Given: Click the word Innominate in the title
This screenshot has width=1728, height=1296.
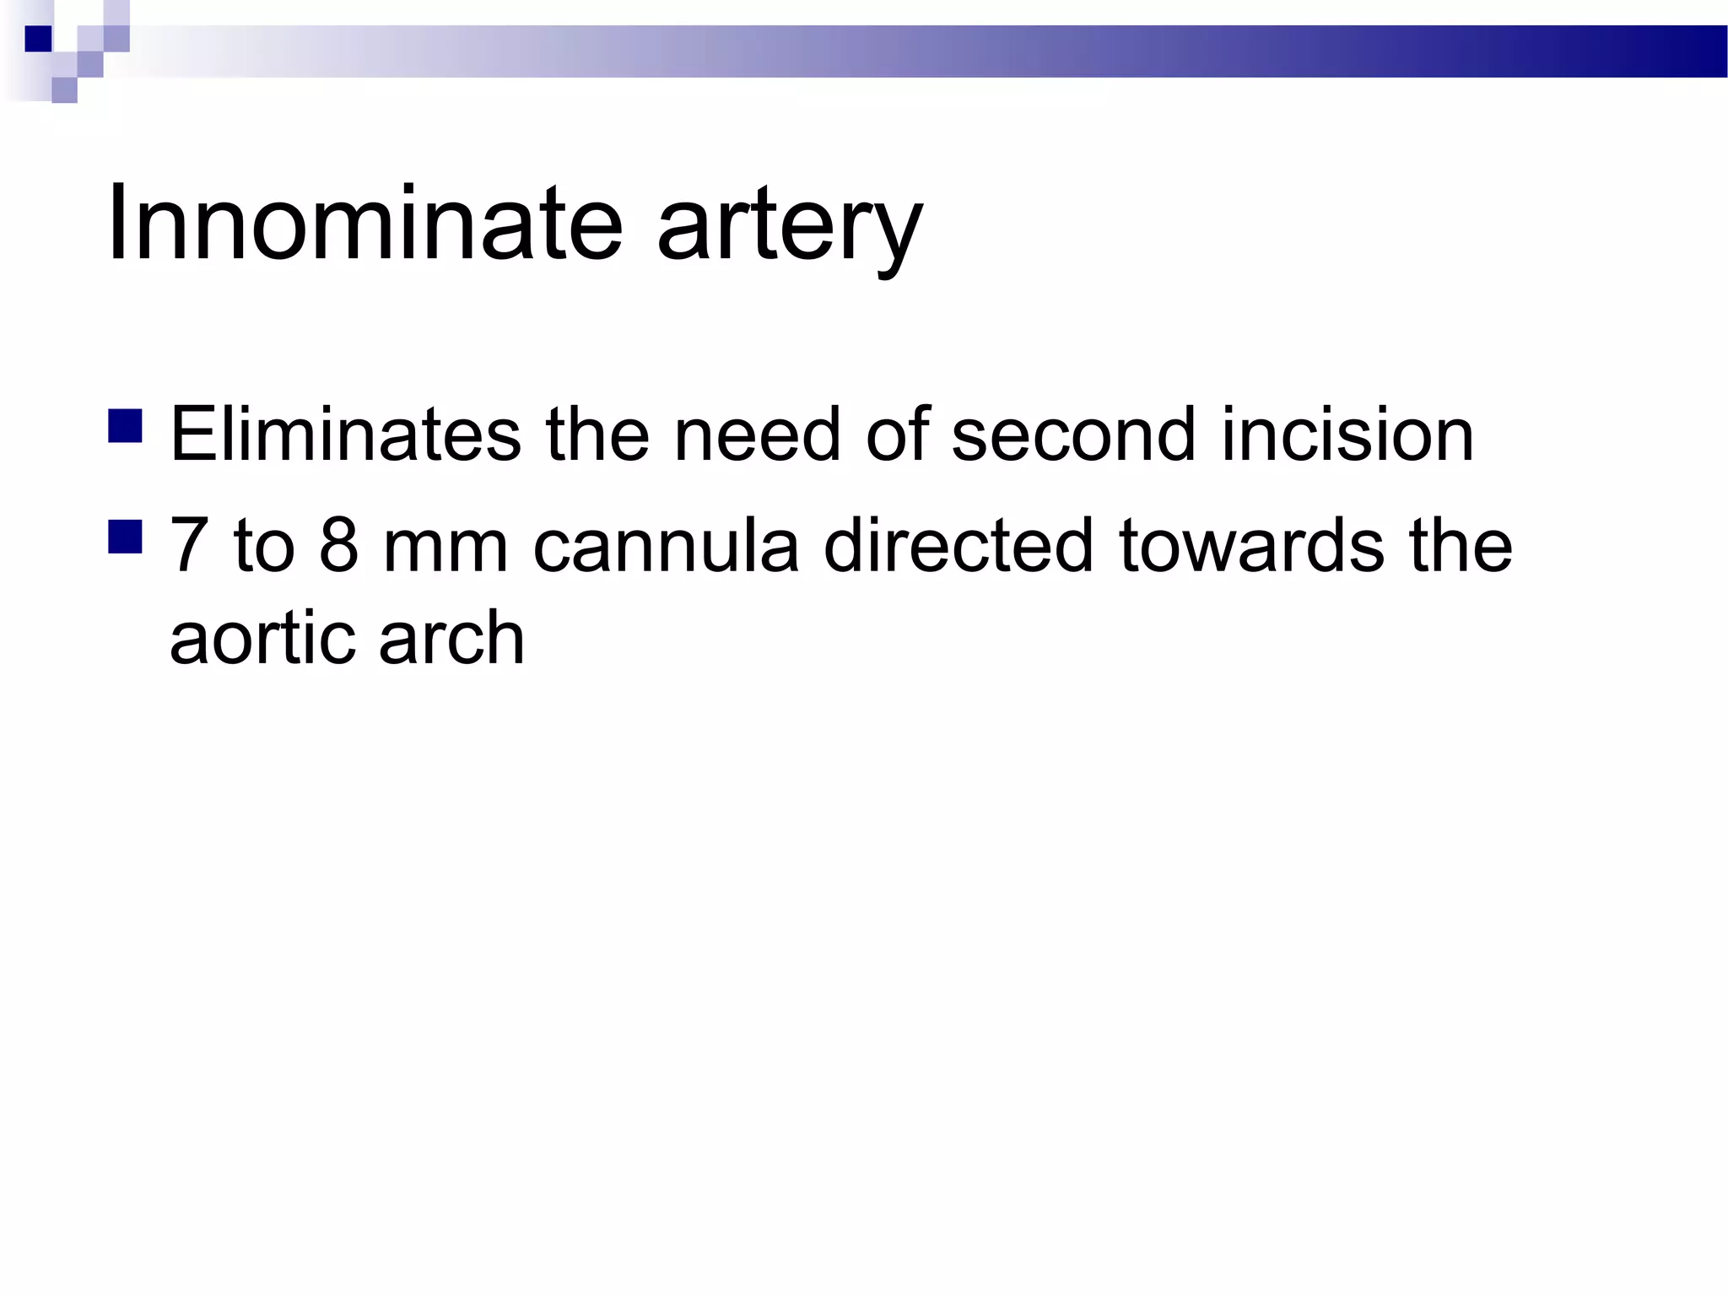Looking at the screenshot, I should coord(364,224).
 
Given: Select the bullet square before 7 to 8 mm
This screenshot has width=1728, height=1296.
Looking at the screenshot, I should coord(125,536).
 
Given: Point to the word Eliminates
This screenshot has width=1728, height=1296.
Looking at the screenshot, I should coord(346,435).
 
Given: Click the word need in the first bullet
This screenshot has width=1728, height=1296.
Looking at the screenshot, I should coord(757,435).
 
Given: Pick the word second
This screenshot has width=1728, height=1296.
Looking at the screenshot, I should coord(1073,435).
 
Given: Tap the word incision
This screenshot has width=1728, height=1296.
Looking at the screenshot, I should coord(1347,435).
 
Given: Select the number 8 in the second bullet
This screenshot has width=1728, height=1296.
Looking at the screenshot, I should coord(339,545).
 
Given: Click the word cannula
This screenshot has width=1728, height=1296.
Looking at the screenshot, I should coord(666,545).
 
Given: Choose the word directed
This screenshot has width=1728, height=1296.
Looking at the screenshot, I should coord(958,545).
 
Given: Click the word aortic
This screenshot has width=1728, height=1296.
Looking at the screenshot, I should coord(262,638).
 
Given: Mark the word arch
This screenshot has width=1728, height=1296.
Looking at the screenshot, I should coord(451,638).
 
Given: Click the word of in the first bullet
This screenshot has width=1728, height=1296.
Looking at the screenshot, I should coord(897,435).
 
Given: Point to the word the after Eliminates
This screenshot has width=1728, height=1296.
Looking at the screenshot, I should coord(597,435).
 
